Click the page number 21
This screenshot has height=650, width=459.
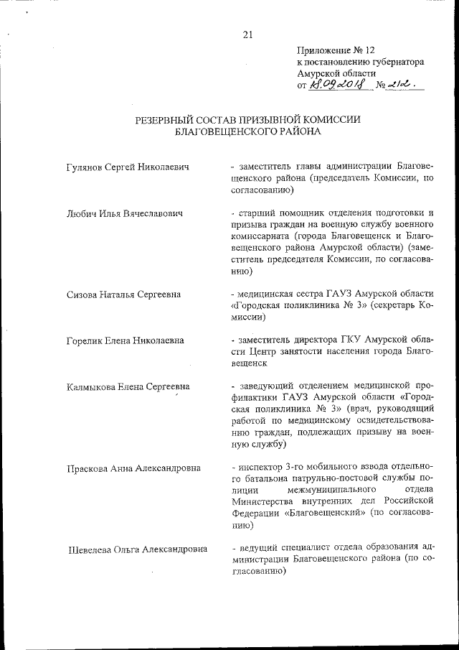(248, 34)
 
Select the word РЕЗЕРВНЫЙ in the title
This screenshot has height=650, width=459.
(166, 121)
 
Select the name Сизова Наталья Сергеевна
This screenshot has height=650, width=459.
(123, 294)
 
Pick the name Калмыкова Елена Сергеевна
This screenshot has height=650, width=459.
(128, 387)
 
